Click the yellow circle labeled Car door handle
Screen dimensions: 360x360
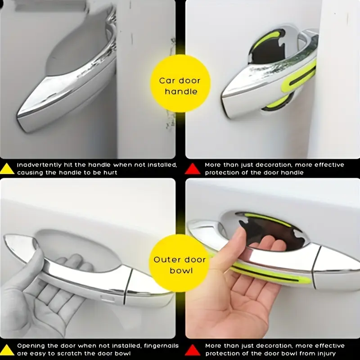coord(180,84)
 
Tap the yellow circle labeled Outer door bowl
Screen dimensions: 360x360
coord(179,263)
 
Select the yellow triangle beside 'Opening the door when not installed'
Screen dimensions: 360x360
coord(7,350)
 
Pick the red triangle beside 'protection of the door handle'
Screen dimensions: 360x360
coord(193,169)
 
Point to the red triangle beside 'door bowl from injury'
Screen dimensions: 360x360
coord(193,350)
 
